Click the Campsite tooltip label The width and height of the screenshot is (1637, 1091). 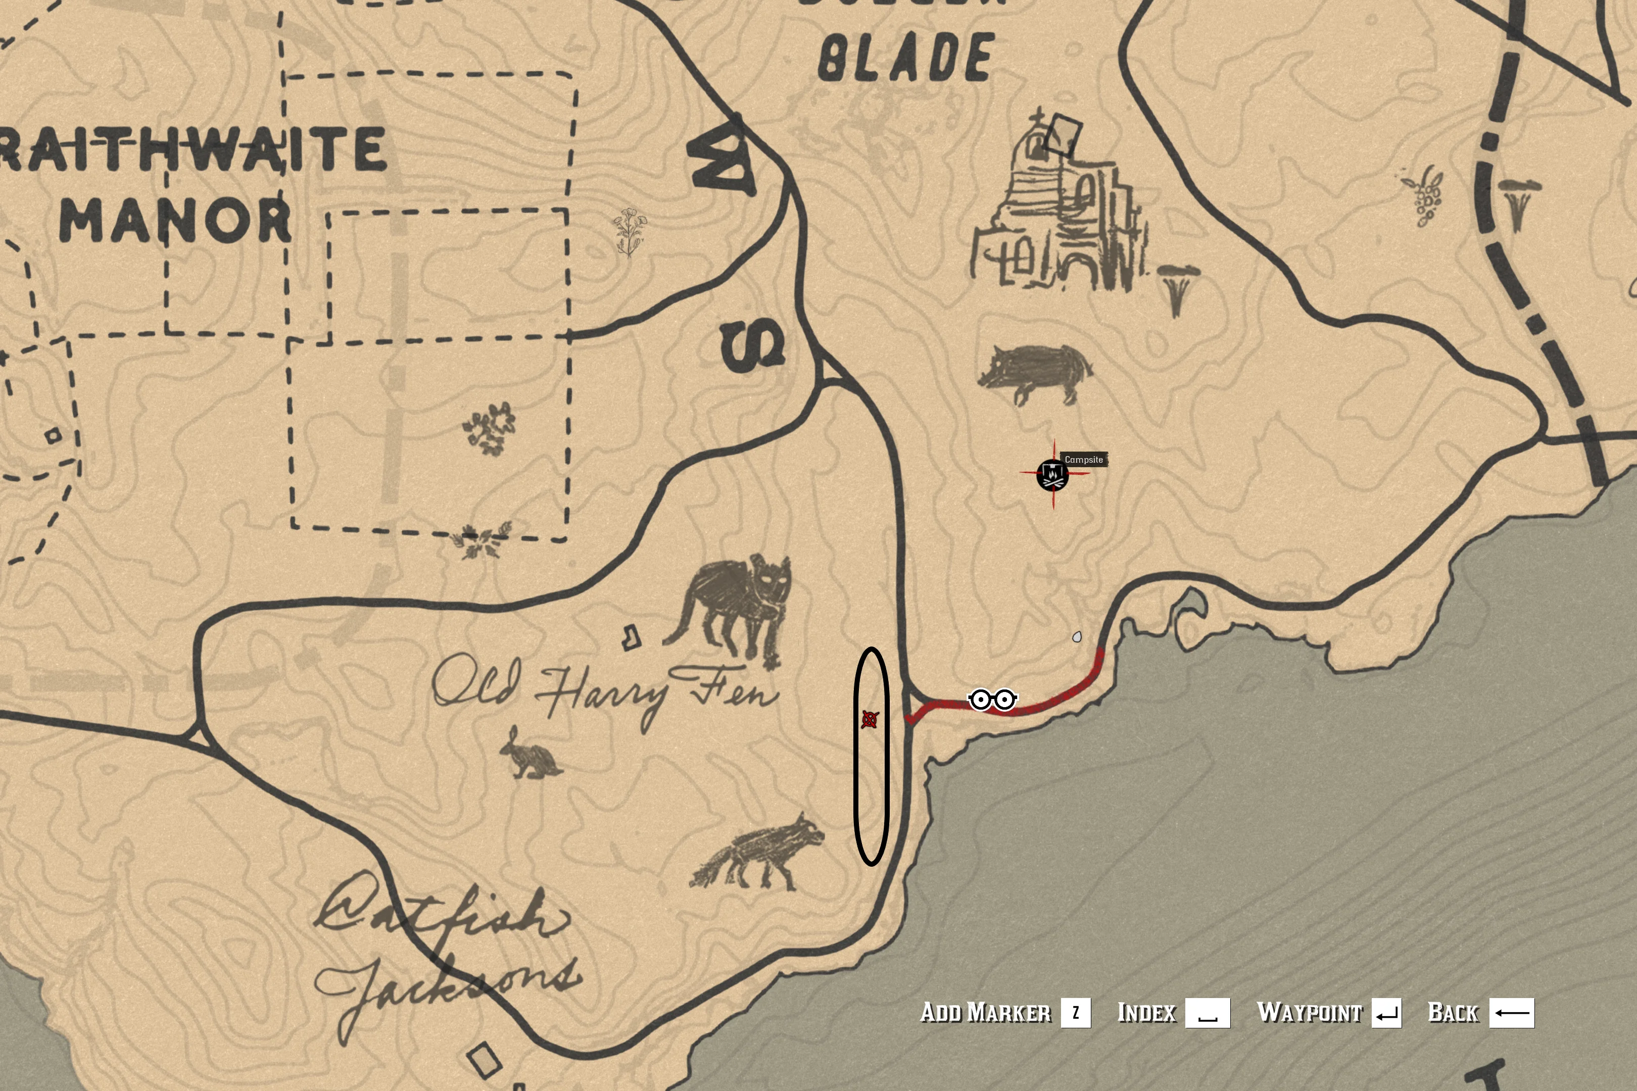pos(1084,460)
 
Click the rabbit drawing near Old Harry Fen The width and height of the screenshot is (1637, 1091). pos(529,754)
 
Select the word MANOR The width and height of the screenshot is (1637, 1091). pos(175,219)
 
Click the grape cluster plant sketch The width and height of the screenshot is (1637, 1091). pos(1424,195)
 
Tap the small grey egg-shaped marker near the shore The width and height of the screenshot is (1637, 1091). pos(1077,636)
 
